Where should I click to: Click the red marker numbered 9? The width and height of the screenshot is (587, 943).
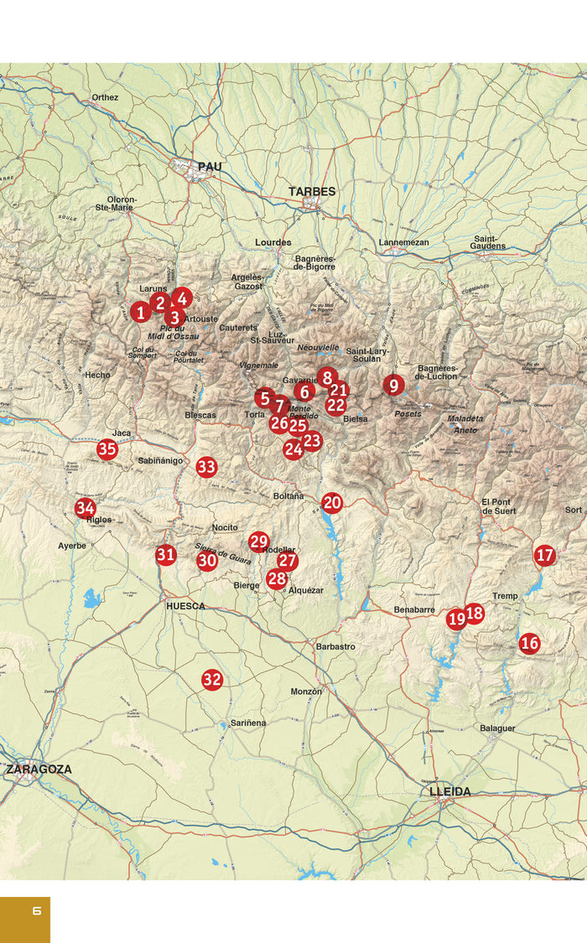click(x=393, y=386)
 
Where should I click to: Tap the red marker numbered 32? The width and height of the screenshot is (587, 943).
click(x=212, y=680)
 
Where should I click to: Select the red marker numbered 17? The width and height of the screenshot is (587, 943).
click(x=545, y=555)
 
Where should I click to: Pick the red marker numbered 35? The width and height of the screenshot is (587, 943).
click(x=106, y=449)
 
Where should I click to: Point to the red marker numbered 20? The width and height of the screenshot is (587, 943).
click(x=332, y=503)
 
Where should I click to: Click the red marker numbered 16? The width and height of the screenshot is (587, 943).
click(x=529, y=644)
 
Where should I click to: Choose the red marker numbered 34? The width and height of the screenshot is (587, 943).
click(x=85, y=508)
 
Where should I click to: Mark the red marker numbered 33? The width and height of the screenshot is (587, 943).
click(x=206, y=468)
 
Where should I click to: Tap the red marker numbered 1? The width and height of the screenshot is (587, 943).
click(x=140, y=312)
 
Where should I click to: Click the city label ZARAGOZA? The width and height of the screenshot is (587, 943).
click(x=39, y=769)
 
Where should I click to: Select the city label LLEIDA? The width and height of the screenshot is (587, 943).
click(x=449, y=791)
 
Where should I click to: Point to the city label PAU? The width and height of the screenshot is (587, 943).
click(x=210, y=167)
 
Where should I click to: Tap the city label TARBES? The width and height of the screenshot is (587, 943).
click(x=312, y=191)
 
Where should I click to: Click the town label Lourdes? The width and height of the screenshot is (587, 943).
click(x=273, y=242)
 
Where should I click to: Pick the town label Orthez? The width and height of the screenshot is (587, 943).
click(x=105, y=97)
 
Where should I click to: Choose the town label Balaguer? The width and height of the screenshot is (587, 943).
click(x=497, y=728)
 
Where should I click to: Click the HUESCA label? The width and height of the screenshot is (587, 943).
click(x=185, y=605)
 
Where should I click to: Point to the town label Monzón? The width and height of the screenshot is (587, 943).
click(x=306, y=692)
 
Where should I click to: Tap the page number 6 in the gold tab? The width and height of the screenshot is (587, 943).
click(x=36, y=910)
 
